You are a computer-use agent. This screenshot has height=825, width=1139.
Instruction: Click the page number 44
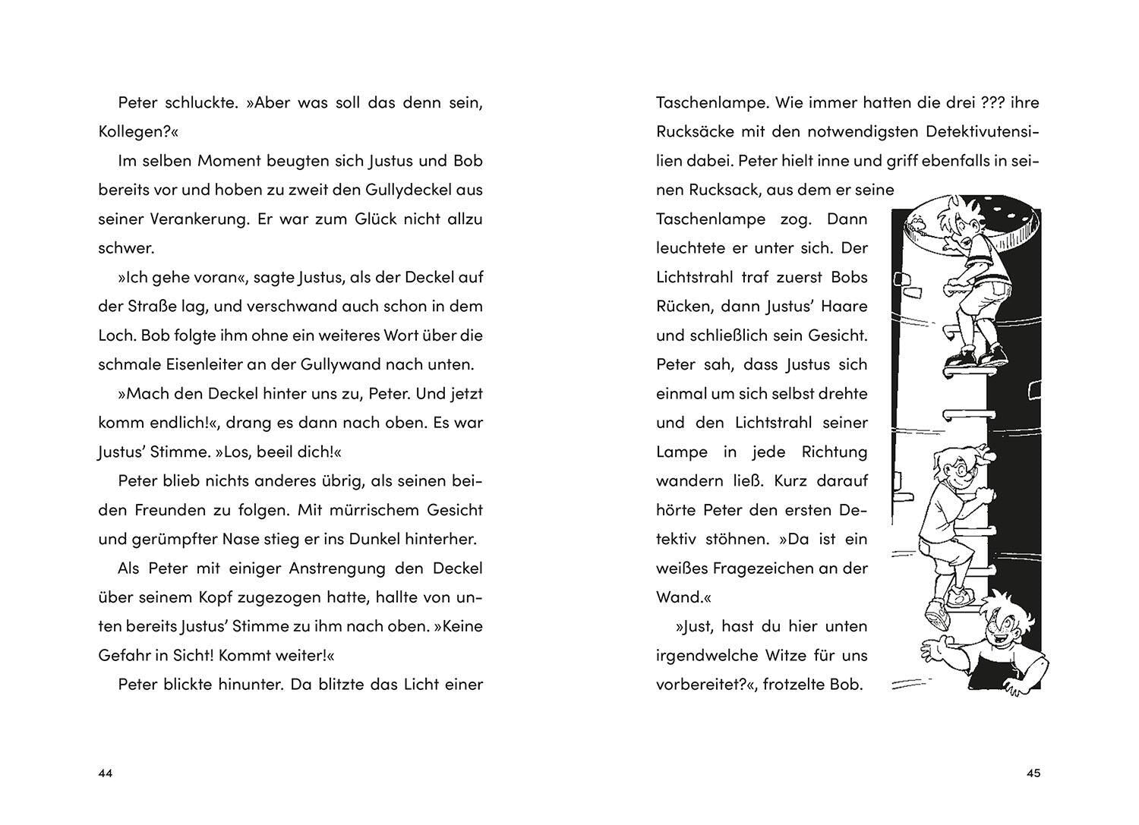[x=105, y=773]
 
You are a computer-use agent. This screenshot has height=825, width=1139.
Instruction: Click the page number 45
[x=1033, y=773]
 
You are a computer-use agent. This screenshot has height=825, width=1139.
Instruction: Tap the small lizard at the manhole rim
[x=917, y=222]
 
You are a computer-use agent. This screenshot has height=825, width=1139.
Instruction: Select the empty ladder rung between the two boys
[x=964, y=414]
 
